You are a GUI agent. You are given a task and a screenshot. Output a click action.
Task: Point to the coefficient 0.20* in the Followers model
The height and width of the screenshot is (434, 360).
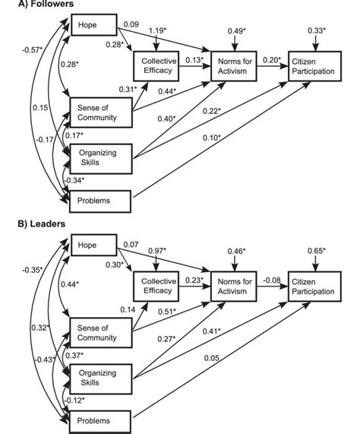[268, 58]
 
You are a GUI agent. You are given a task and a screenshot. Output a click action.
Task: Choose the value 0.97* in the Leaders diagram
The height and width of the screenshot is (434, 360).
[158, 250]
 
